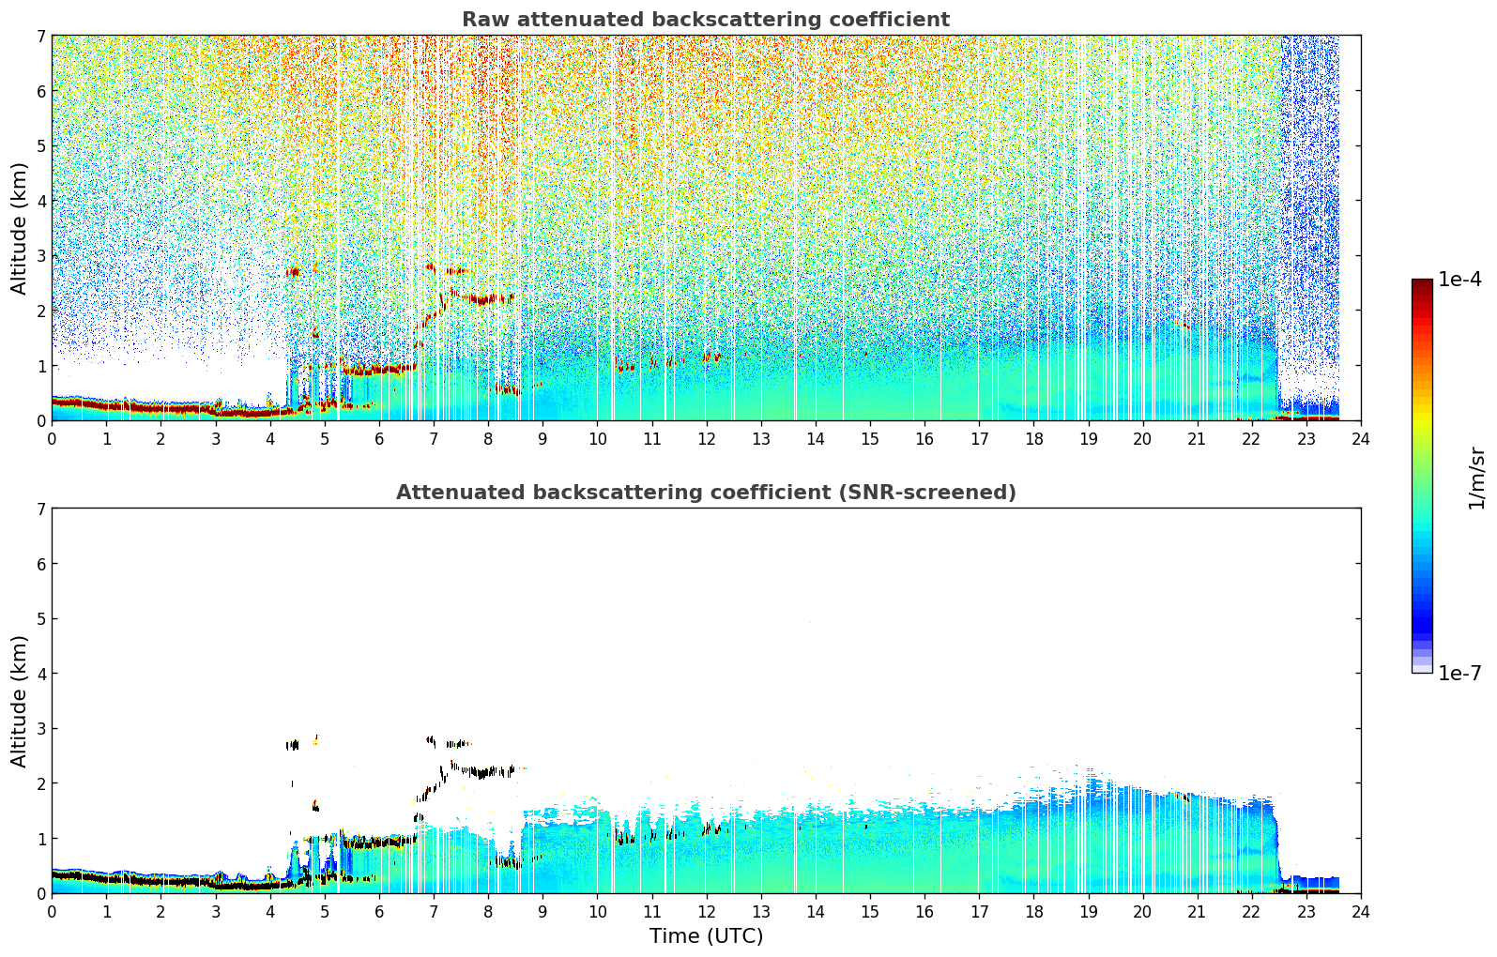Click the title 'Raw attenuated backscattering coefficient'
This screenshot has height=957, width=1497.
pyautogui.click(x=706, y=20)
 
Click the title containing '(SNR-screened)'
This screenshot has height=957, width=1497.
pyautogui.click(x=706, y=493)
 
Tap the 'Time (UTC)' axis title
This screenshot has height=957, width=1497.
pyautogui.click(x=706, y=936)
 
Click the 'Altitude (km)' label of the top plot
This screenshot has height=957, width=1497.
pyautogui.click(x=19, y=229)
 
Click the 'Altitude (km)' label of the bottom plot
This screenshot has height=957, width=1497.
pyautogui.click(x=19, y=701)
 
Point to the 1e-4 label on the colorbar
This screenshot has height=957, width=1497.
pyautogui.click(x=1459, y=280)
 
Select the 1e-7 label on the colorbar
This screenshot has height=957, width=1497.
pyautogui.click(x=1459, y=673)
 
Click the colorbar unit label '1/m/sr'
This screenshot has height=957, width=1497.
pyautogui.click(x=1476, y=478)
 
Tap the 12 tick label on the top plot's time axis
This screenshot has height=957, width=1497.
pyautogui.click(x=707, y=439)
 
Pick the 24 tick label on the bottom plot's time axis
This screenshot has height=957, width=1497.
pyautogui.click(x=1361, y=912)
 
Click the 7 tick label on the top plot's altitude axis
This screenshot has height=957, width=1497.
pyautogui.click(x=40, y=36)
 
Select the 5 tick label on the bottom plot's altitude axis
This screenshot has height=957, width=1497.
pyautogui.click(x=40, y=619)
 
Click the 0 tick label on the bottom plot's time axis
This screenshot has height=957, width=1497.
pyautogui.click(x=53, y=912)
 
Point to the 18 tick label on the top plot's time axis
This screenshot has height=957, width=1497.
pyautogui.click(x=1034, y=439)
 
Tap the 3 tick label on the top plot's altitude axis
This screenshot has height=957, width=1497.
pyautogui.click(x=40, y=256)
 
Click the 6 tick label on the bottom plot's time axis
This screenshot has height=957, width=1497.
pyautogui.click(x=379, y=912)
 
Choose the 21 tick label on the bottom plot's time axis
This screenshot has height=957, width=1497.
pyautogui.click(x=1197, y=912)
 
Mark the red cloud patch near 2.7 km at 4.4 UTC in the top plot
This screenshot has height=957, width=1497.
pyautogui.click(x=293, y=272)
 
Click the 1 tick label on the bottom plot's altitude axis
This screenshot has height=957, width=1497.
pyautogui.click(x=40, y=839)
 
